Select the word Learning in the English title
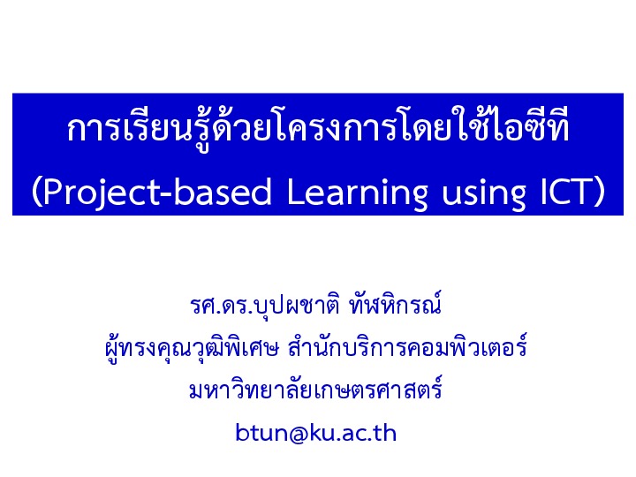(357, 193)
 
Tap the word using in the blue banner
(484, 194)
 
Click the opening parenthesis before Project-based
(36, 193)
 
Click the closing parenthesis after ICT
(600, 193)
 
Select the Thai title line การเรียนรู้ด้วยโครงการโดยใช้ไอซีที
(318, 128)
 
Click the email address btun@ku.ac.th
(315, 433)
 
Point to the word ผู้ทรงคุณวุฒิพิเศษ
(192, 349)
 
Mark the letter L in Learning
(295, 191)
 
